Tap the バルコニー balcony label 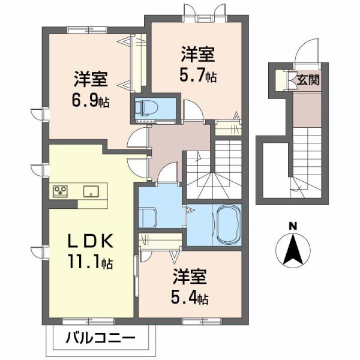pyautogui.click(x=100, y=339)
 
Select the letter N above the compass pyautogui.click(x=293, y=226)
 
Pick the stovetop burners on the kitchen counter pyautogui.click(x=60, y=191)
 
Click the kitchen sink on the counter pyautogui.click(x=91, y=191)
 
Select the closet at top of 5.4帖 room pyautogui.click(x=160, y=241)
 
